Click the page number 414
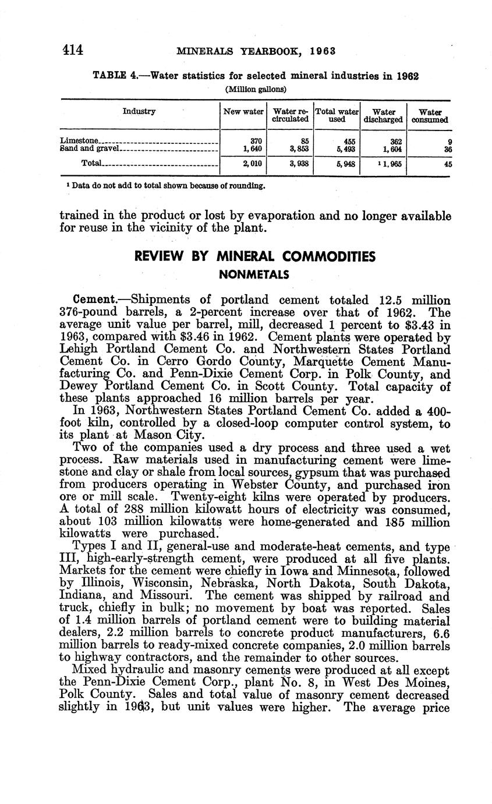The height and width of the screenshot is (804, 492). click(73, 50)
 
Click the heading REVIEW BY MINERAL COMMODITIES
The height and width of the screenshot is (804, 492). click(255, 256)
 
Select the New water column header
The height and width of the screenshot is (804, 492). click(243, 111)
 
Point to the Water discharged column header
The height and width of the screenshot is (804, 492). click(383, 115)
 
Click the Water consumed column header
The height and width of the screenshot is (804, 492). click(430, 115)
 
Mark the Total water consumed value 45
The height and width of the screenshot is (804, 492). click(447, 164)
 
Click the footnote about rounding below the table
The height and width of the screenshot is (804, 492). click(166, 186)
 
